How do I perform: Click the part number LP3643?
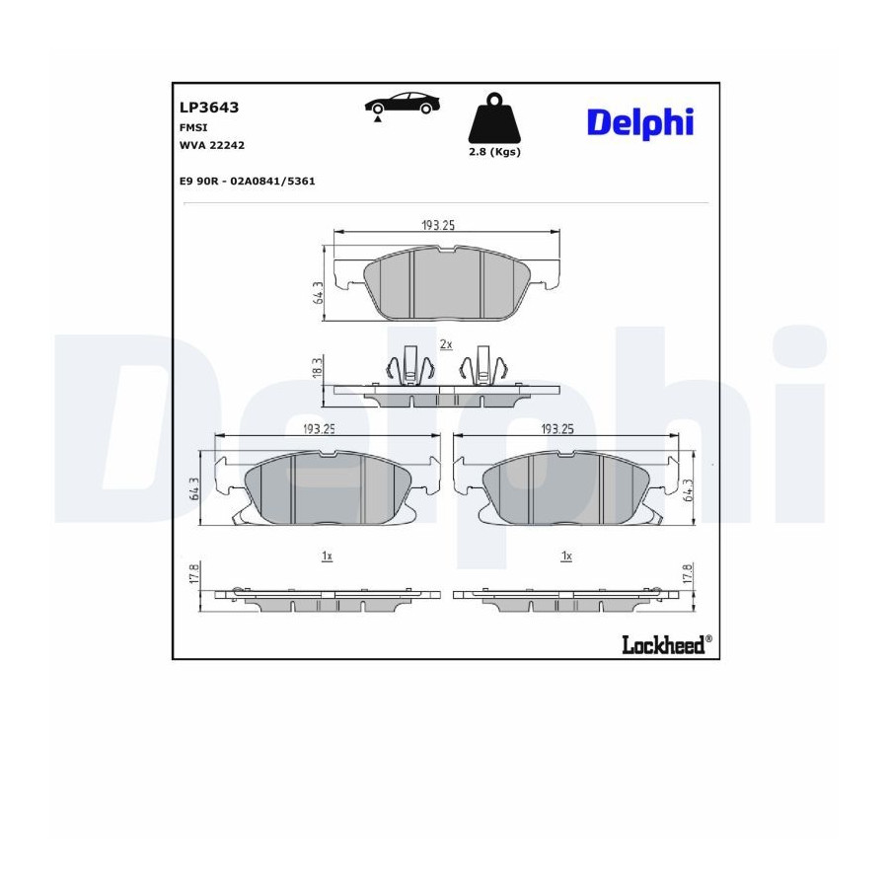point(209,107)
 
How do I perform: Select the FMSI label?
point(193,128)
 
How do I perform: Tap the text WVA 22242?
point(212,146)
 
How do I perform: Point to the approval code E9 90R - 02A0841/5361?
point(247,182)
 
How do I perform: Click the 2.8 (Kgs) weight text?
point(494,152)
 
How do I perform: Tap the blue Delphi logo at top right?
point(640,123)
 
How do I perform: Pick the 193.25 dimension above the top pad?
point(438,225)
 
